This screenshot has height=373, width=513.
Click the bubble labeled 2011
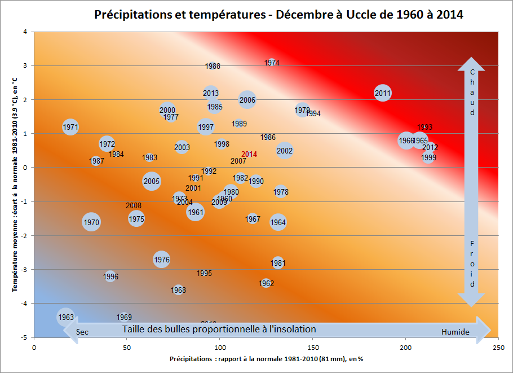click(382, 93)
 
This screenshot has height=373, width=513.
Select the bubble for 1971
click(70, 127)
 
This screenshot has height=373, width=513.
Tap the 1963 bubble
click(66, 317)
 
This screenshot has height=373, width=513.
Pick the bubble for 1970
click(91, 222)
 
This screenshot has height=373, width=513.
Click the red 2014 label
click(249, 154)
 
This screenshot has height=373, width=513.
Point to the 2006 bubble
click(247, 100)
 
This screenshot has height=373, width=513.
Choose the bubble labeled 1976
click(162, 260)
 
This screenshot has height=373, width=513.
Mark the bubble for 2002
click(285, 151)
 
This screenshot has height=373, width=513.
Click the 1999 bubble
click(428, 157)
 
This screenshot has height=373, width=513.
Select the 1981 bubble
click(278, 263)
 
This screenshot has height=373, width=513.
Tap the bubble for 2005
click(151, 181)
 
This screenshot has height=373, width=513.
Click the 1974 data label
click(272, 63)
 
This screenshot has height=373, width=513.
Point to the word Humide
click(455, 332)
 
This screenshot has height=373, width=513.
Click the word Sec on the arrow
click(82, 332)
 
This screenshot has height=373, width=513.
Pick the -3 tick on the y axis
click(26, 270)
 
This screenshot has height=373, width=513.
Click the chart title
click(278, 15)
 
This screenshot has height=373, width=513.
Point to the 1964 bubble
click(278, 222)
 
